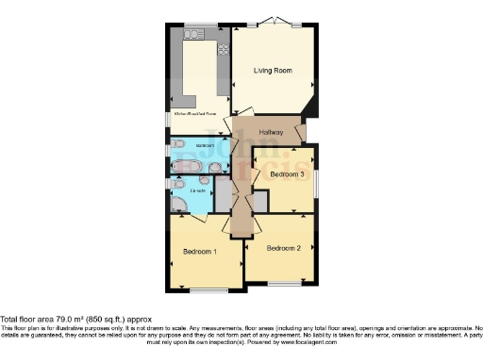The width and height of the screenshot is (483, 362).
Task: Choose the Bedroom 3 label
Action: [287, 174]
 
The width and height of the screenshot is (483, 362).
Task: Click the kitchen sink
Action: [196, 32]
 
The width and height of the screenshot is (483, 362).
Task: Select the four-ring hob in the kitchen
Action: [225, 49]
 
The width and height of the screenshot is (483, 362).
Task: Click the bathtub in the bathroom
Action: [188, 166]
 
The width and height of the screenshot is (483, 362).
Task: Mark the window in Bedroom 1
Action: [200, 289]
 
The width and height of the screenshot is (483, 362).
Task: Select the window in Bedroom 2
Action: [280, 283]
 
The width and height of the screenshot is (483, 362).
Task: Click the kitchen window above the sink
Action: [197, 24]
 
